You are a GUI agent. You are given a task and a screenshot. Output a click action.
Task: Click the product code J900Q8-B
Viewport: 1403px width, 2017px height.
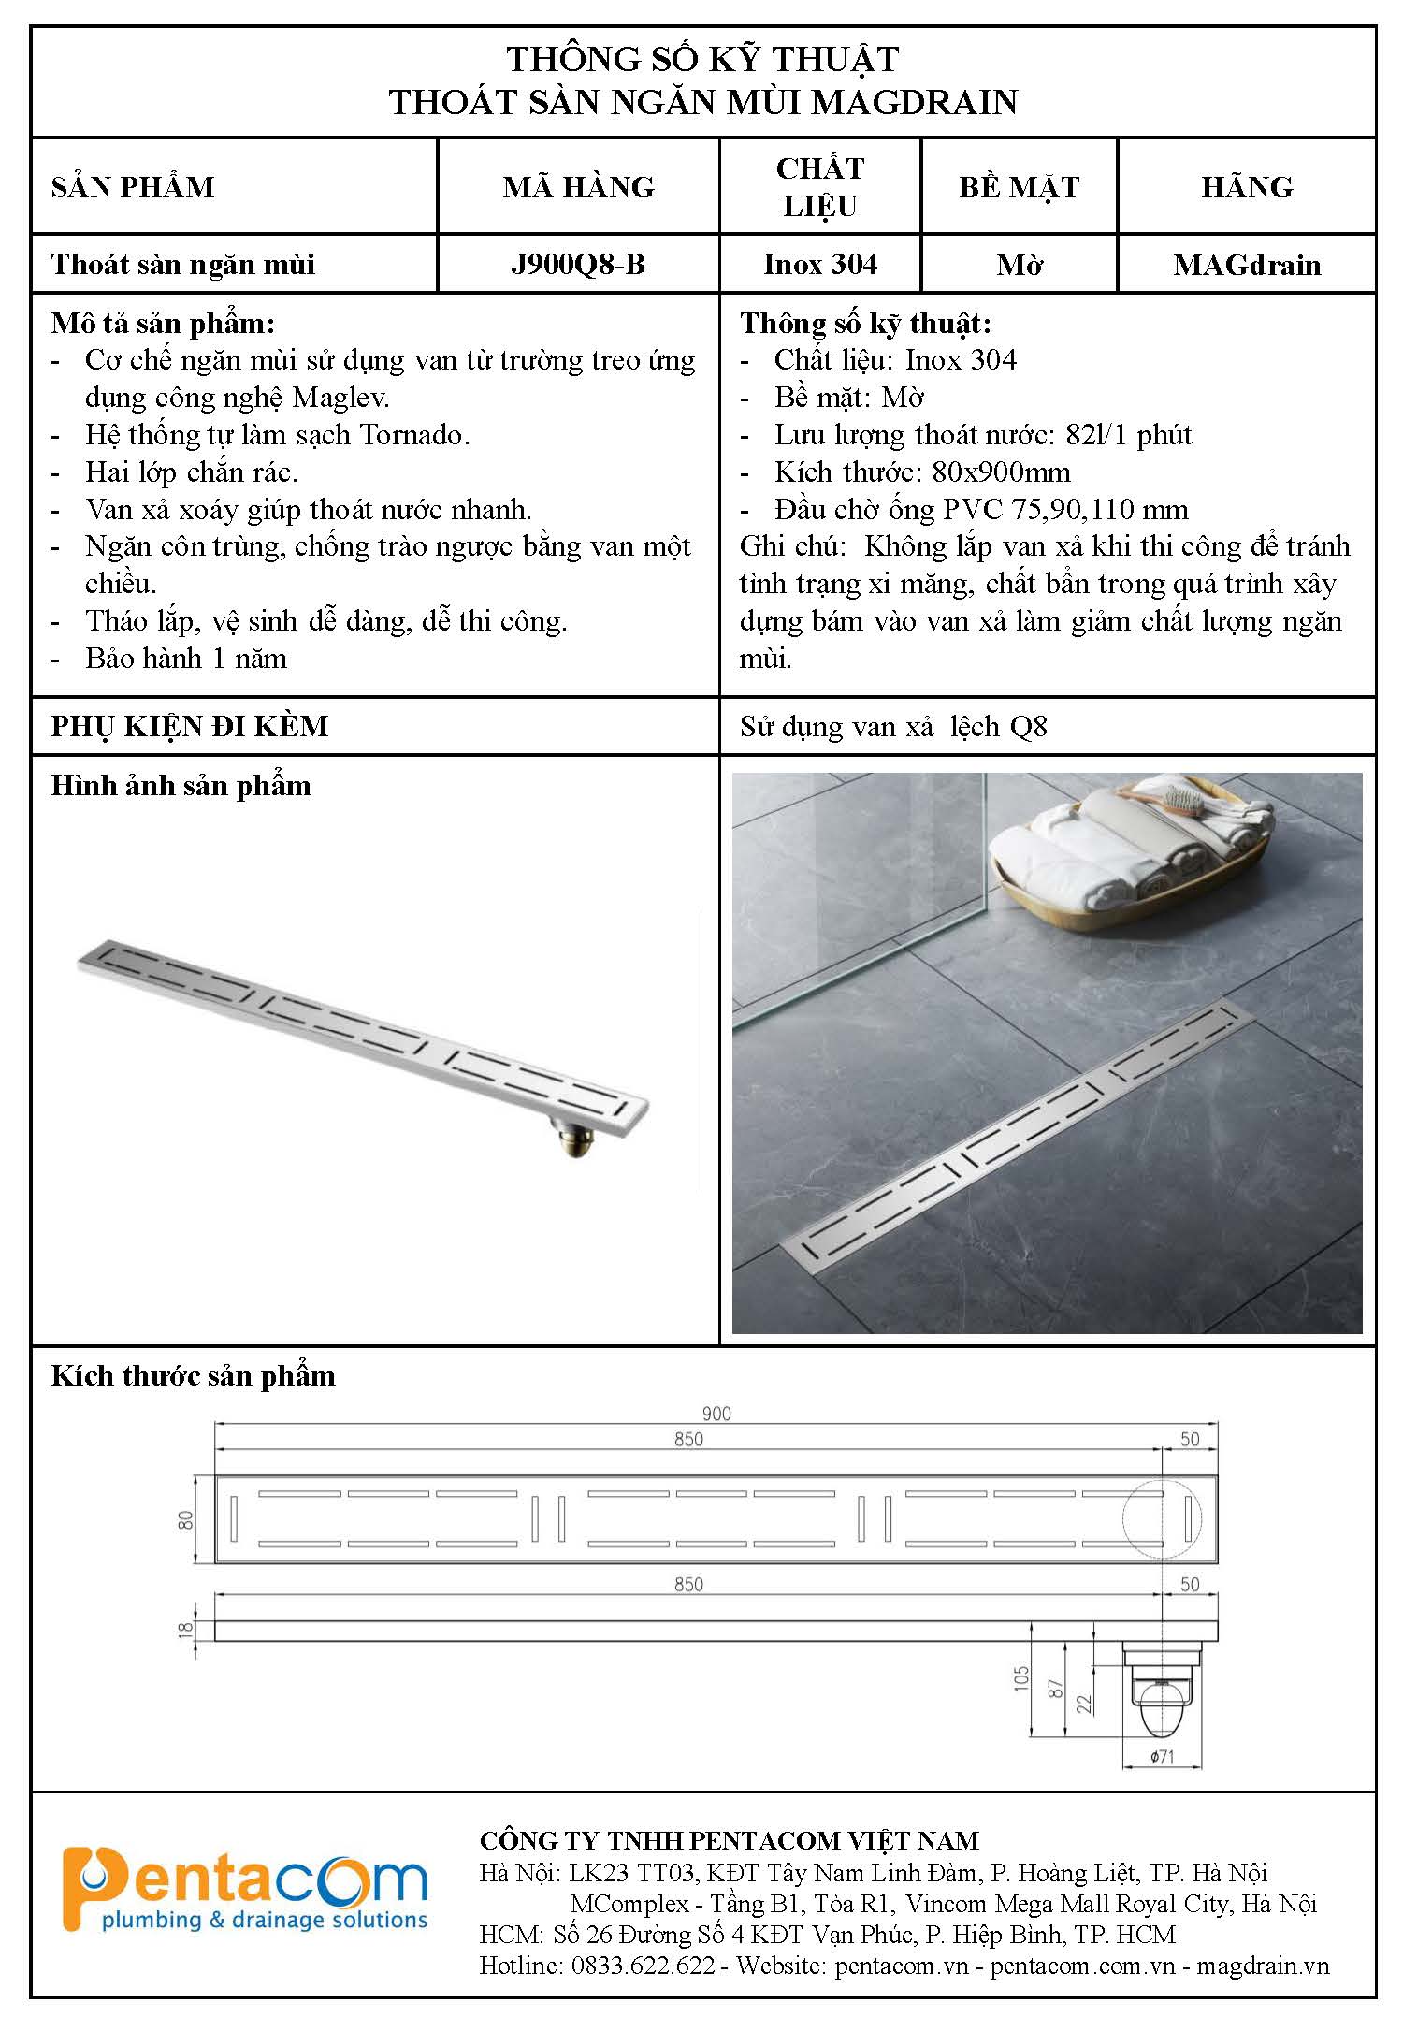[x=578, y=265]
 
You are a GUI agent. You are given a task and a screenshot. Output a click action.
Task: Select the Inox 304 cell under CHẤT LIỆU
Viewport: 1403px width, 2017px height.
[x=820, y=265]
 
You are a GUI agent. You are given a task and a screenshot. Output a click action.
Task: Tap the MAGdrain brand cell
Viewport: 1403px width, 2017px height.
[x=1247, y=265]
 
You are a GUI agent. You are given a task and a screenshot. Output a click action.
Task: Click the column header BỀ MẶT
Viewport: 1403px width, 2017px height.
[x=1019, y=187]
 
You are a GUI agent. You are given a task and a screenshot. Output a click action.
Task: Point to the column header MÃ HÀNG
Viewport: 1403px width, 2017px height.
[x=578, y=187]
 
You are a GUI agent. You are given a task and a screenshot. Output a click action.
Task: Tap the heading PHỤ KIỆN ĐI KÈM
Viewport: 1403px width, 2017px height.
[x=190, y=726]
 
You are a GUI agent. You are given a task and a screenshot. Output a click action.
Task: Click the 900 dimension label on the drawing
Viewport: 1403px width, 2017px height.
[x=716, y=1414]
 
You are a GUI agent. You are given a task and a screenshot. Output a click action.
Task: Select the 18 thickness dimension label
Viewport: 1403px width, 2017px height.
[x=186, y=1629]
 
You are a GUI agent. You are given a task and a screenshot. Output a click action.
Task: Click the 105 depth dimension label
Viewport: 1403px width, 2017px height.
[x=1021, y=1676]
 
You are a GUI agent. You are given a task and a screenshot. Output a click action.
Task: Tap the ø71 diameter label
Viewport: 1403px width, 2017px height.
[x=1162, y=1757]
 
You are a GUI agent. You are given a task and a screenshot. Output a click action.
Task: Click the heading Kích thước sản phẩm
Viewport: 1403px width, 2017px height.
[x=193, y=1376]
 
